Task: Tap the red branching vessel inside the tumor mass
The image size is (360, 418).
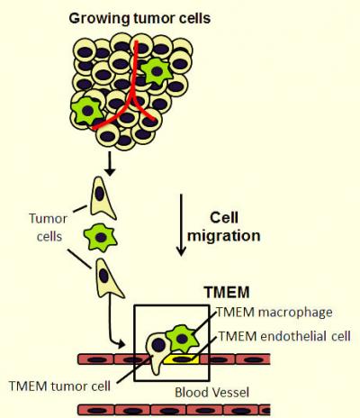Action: click(x=135, y=99)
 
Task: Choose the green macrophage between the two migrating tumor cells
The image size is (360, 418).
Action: click(x=102, y=239)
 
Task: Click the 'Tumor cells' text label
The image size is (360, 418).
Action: click(x=46, y=225)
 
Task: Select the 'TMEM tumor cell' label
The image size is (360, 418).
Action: click(x=59, y=384)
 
